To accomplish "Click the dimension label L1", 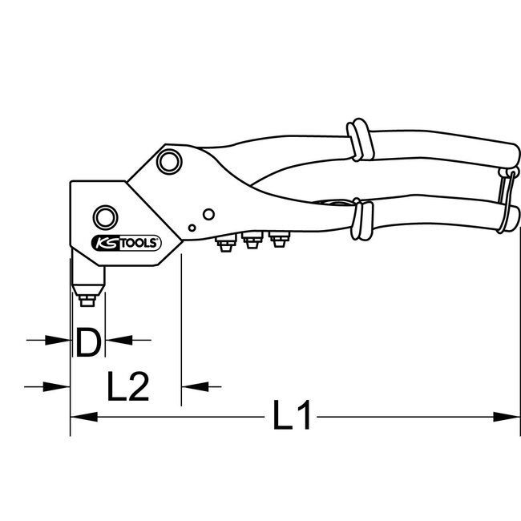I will (291, 417).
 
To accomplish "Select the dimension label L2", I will (128, 387).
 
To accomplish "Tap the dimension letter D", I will (88, 341).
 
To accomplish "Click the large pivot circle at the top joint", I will (168, 162).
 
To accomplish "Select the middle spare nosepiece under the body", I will (252, 240).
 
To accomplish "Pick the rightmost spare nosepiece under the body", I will (278, 238).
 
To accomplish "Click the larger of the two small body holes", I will (207, 213).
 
